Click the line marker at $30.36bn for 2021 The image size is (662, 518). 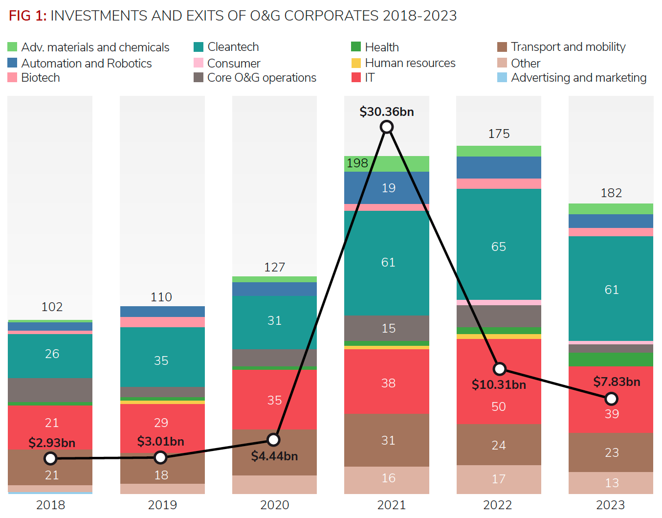click(387, 127)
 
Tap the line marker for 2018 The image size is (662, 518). click(50, 458)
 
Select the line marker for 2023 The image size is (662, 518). click(611, 399)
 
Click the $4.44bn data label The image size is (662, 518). click(274, 456)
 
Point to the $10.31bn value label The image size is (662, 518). click(499, 384)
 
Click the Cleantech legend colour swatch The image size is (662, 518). click(199, 47)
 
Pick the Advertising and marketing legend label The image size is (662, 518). click(578, 78)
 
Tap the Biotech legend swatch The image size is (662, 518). click(13, 78)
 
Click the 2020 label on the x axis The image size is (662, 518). click(274, 505)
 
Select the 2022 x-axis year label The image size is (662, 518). click(498, 505)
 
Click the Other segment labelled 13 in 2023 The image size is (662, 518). click(611, 483)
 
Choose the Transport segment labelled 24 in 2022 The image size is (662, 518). click(499, 445)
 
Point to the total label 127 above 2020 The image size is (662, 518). click(274, 267)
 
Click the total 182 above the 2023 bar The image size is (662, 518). click(611, 193)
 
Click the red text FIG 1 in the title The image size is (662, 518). click(27, 16)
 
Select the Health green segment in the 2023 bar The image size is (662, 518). click(611, 360)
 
